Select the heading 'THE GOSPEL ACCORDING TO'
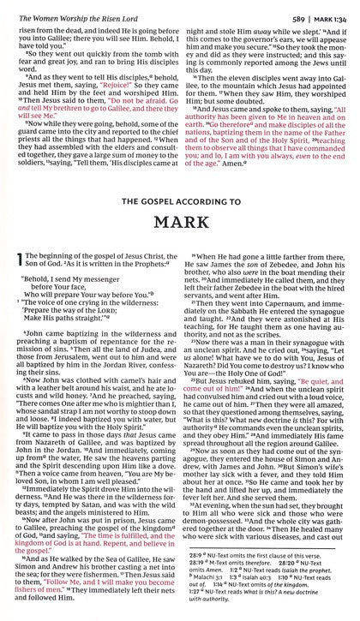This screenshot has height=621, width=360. pyautogui.click(x=179, y=177)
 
